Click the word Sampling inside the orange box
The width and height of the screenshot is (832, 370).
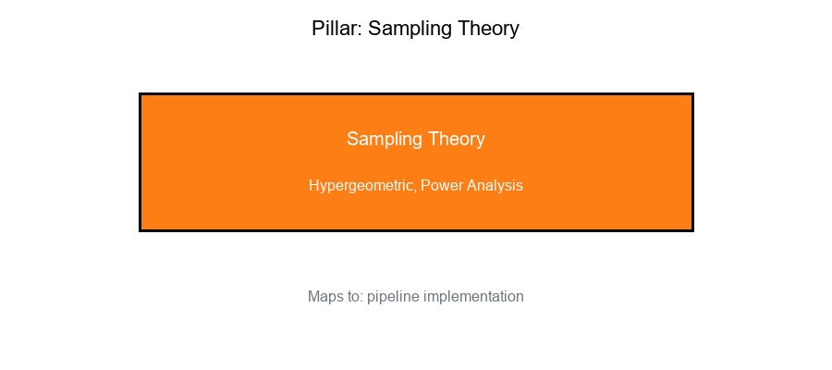pyautogui.click(x=383, y=140)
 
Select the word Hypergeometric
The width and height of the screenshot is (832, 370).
pyautogui.click(x=361, y=186)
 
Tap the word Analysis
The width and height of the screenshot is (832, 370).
pyautogui.click(x=495, y=186)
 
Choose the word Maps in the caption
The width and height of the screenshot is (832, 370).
pyautogui.click(x=324, y=297)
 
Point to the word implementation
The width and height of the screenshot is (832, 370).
pyautogui.click(x=473, y=297)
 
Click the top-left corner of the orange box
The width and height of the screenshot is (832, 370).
pyautogui.click(x=141, y=94)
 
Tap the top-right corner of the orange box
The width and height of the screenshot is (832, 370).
pyautogui.click(x=692, y=94)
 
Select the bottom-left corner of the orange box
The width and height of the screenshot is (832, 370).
pyautogui.click(x=141, y=229)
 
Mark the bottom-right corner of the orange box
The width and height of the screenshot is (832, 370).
pyautogui.click(x=692, y=229)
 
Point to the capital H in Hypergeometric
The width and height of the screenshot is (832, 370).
pyautogui.click(x=313, y=185)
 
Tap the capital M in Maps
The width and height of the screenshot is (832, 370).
pyautogui.click(x=313, y=297)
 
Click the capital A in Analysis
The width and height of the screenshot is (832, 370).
pyautogui.click(x=471, y=185)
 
